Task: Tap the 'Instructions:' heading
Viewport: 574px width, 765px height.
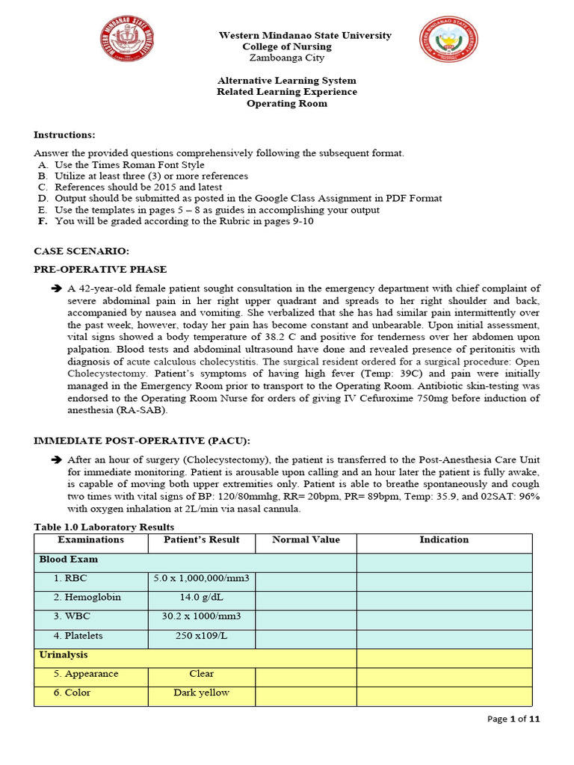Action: pyautogui.click(x=64, y=134)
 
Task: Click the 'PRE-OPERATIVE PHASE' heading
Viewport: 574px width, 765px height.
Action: pyautogui.click(x=100, y=269)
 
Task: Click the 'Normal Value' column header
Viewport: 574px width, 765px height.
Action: pyautogui.click(x=306, y=539)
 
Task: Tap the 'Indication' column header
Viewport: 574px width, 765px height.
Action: pyautogui.click(x=444, y=539)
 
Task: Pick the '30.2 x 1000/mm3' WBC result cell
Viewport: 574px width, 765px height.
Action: pyautogui.click(x=202, y=617)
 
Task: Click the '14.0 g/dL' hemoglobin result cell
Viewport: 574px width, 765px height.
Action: pyautogui.click(x=202, y=598)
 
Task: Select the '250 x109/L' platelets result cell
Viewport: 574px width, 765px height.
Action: pyautogui.click(x=202, y=636)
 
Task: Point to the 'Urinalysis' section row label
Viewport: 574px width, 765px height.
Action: pyautogui.click(x=64, y=654)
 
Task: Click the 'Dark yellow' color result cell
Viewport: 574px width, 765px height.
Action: pyautogui.click(x=202, y=693)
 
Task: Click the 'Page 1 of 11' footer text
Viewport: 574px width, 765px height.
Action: pyautogui.click(x=513, y=719)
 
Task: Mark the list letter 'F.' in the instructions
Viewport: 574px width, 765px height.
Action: pyautogui.click(x=43, y=221)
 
